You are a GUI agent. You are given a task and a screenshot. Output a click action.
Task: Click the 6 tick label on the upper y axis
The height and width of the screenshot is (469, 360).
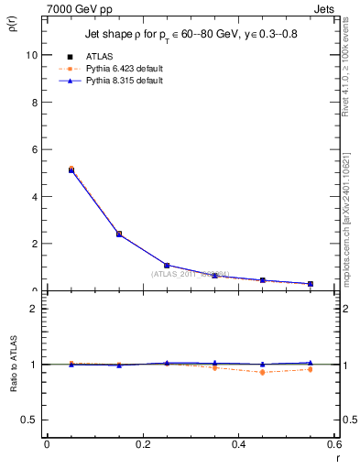[x=34, y=149]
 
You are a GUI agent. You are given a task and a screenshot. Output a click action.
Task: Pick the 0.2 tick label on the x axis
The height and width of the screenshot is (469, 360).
[x=142, y=444]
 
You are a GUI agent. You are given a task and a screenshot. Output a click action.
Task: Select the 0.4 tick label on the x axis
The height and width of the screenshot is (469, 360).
[x=238, y=444]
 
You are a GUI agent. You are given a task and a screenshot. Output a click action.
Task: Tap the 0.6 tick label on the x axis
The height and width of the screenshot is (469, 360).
[x=333, y=444]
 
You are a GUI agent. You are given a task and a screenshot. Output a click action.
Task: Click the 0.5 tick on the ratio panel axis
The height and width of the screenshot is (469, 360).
[x=29, y=420]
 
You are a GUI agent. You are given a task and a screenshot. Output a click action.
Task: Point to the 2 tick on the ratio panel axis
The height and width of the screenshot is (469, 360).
[x=34, y=309]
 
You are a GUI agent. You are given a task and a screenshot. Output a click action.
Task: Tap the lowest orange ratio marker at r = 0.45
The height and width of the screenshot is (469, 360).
[x=263, y=372]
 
